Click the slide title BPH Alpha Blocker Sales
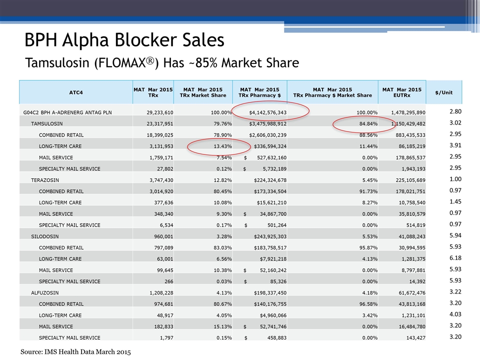124,39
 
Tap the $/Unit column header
443,92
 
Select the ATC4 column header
75,92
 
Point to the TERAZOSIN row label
46,178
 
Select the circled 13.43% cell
219,145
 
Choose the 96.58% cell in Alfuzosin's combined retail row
359,301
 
